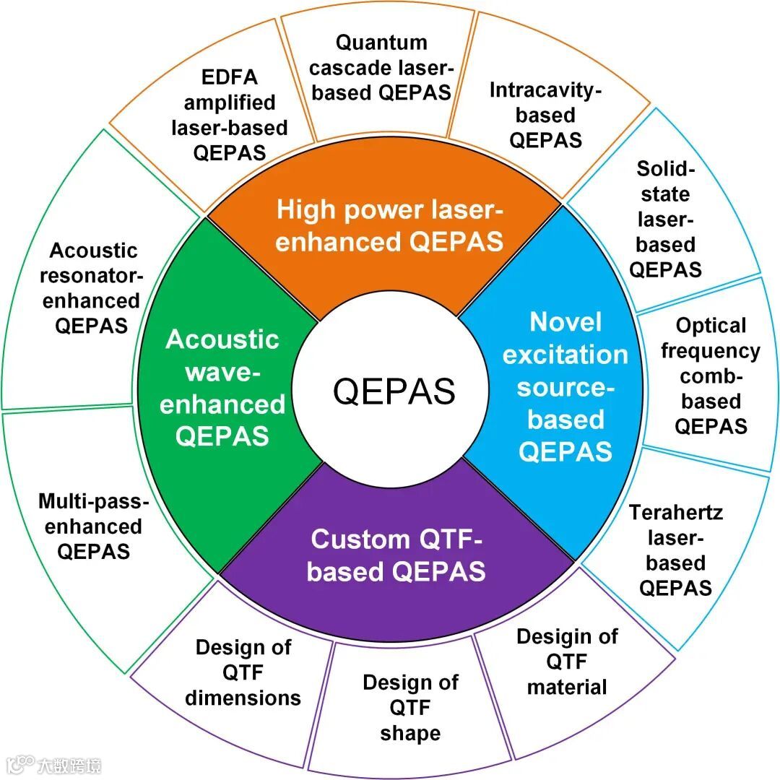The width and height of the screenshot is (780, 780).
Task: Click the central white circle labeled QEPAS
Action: pos(394,391)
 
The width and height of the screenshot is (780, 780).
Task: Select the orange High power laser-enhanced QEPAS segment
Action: pos(389,226)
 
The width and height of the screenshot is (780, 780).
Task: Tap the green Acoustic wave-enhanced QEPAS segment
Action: pos(222,388)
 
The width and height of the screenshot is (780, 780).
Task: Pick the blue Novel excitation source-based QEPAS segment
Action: pos(565,386)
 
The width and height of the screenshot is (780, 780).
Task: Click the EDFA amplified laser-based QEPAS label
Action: pos(230,115)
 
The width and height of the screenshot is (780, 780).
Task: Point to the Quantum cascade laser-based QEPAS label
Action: pos(382,67)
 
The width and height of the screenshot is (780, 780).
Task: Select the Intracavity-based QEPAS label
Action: pos(545,115)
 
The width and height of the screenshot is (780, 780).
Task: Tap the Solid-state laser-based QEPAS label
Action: pos(665,220)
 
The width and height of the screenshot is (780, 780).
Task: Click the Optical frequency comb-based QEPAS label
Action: pos(711,376)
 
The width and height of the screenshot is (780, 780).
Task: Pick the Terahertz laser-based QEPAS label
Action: pos(676,550)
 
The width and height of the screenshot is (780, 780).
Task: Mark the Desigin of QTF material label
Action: pos(567,662)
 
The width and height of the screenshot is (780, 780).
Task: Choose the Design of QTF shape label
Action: pos(410,708)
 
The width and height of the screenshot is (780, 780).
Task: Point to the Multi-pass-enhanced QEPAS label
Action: pos(94,526)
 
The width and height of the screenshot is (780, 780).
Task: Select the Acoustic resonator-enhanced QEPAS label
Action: pos(92,288)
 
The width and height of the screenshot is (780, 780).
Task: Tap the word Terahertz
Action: pos(676,513)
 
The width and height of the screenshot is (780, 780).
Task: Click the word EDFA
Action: pos(230,77)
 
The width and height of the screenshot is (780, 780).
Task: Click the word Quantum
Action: pos(382,43)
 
